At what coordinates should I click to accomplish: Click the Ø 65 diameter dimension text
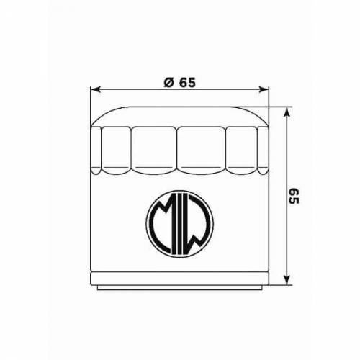pyautogui.click(x=179, y=81)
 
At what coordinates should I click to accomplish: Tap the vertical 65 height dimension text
pyautogui.click(x=294, y=196)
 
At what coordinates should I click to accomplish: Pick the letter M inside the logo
pyautogui.click(x=163, y=215)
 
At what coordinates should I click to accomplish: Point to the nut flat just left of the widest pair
pyautogui.click(x=116, y=150)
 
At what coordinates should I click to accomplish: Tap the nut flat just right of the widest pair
pyautogui.click(x=241, y=150)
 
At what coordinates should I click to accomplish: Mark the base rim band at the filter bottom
pyautogui.click(x=179, y=282)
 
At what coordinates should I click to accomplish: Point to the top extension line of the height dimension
pyautogui.click(x=277, y=107)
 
